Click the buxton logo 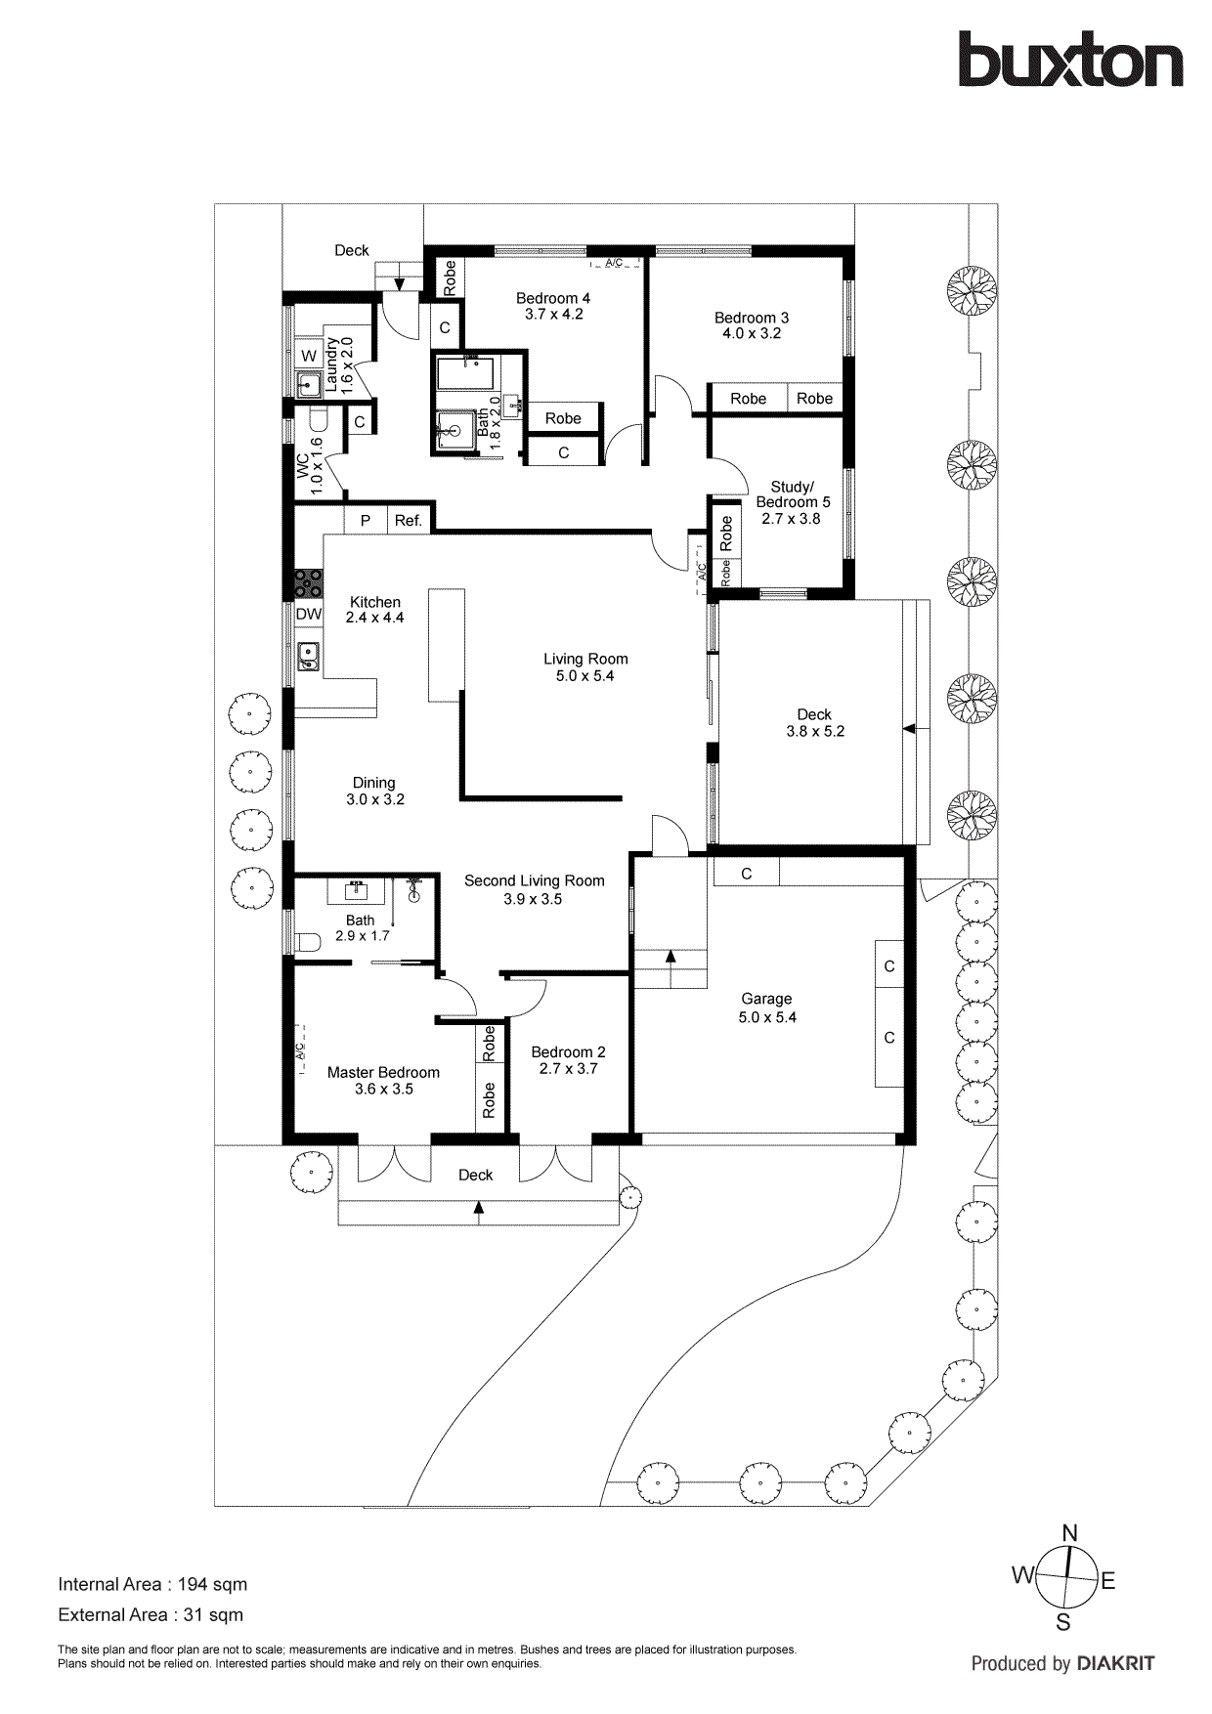coord(1070,61)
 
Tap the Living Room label coord(585,660)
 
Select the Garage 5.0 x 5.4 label coord(766,1007)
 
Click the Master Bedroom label coord(383,1072)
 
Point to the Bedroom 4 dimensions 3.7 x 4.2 coord(553,315)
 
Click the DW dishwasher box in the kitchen coord(309,615)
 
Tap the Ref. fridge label coord(409,521)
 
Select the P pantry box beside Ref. coord(366,521)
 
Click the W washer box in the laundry coord(309,356)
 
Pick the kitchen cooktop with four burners coord(309,584)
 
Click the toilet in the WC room coord(320,422)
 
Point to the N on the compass coord(1069,1533)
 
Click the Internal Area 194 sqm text coord(152,1584)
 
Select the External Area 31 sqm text coord(151,1615)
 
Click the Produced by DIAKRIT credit coord(1062,1663)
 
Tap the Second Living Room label coord(534,880)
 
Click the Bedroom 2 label coord(568,1052)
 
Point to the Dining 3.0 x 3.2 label coord(374,791)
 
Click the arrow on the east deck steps coord(910,729)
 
